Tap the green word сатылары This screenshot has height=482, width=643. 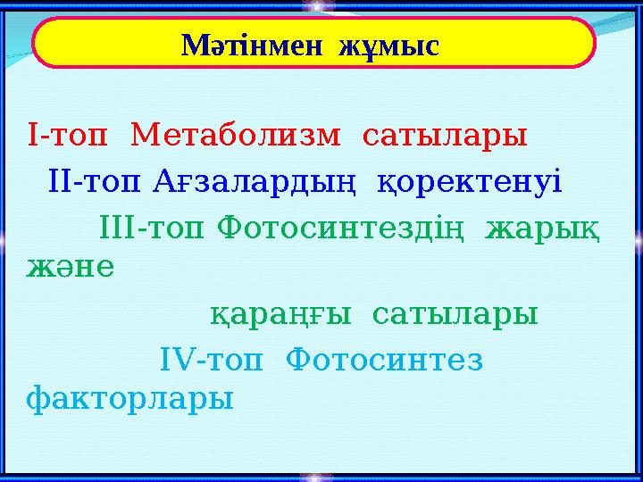(455, 314)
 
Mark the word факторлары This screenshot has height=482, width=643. (130, 398)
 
